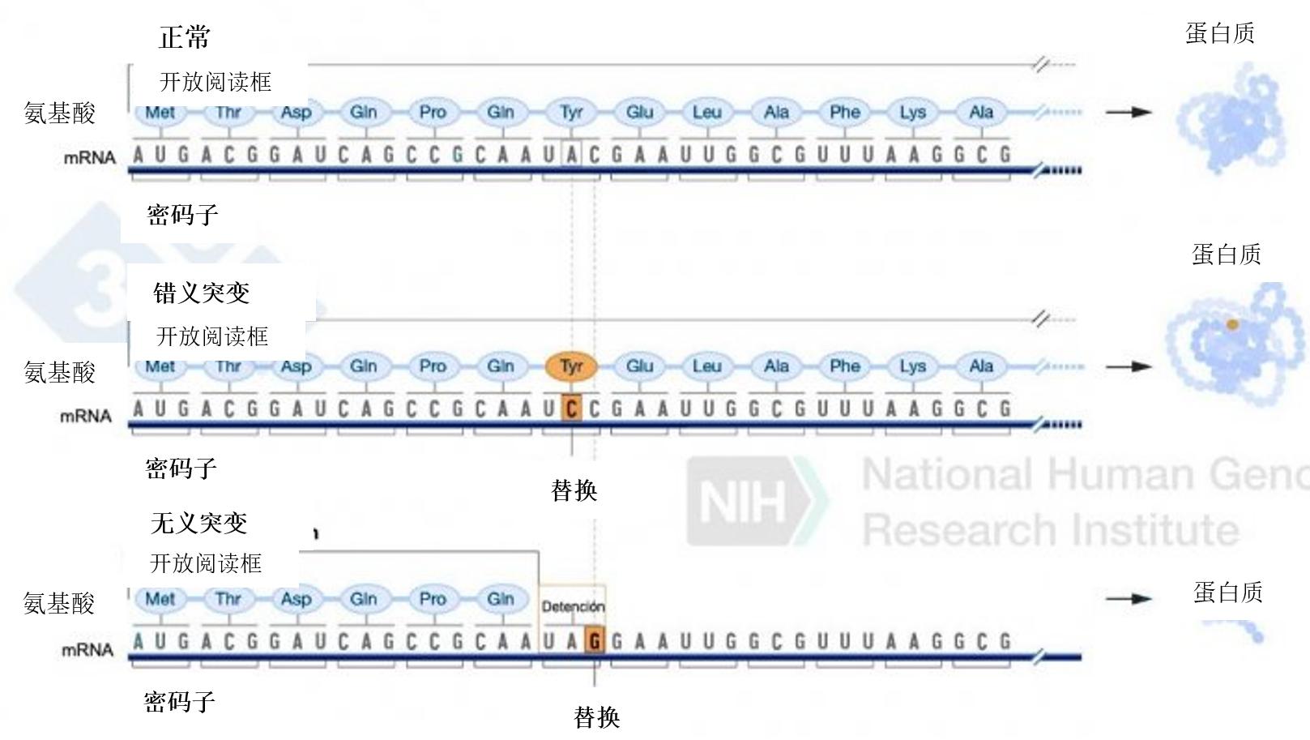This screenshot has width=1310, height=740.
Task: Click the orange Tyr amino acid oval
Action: (571, 366)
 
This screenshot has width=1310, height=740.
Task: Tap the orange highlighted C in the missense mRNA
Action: (571, 409)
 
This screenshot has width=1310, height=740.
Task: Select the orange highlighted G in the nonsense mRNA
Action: (595, 642)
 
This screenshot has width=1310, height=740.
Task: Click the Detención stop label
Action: (573, 606)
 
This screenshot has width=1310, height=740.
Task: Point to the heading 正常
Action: (185, 36)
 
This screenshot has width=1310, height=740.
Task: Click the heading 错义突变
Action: (202, 293)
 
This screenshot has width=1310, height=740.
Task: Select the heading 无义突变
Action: (199, 523)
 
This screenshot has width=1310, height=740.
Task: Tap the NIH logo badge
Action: (745, 501)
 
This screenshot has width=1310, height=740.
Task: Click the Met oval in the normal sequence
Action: (160, 113)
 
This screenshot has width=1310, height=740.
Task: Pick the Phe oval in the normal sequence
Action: (844, 113)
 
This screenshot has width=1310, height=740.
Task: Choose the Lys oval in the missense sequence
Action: (912, 366)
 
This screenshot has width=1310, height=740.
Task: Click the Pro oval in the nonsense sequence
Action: (433, 599)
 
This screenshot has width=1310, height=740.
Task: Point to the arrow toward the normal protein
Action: (1129, 113)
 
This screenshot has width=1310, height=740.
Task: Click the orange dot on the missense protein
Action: (1232, 324)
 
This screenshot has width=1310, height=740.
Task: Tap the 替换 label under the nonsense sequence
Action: (597, 717)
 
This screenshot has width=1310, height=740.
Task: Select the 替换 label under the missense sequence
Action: (574, 490)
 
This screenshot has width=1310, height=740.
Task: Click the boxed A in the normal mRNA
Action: (572, 155)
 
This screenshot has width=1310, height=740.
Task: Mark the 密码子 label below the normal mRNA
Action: (183, 215)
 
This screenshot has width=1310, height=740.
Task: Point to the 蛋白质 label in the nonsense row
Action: (1227, 592)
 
